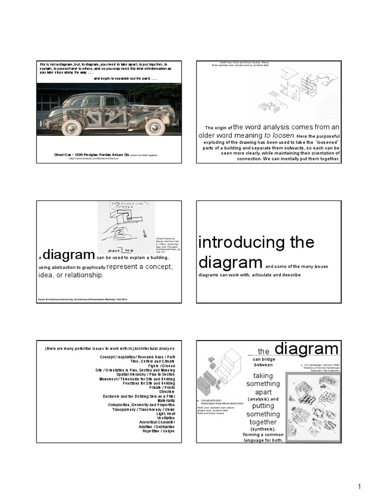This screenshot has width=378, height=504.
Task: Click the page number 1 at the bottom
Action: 360,487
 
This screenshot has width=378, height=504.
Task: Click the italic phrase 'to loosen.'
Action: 280,135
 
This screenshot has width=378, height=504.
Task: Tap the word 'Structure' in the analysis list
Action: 165,392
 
